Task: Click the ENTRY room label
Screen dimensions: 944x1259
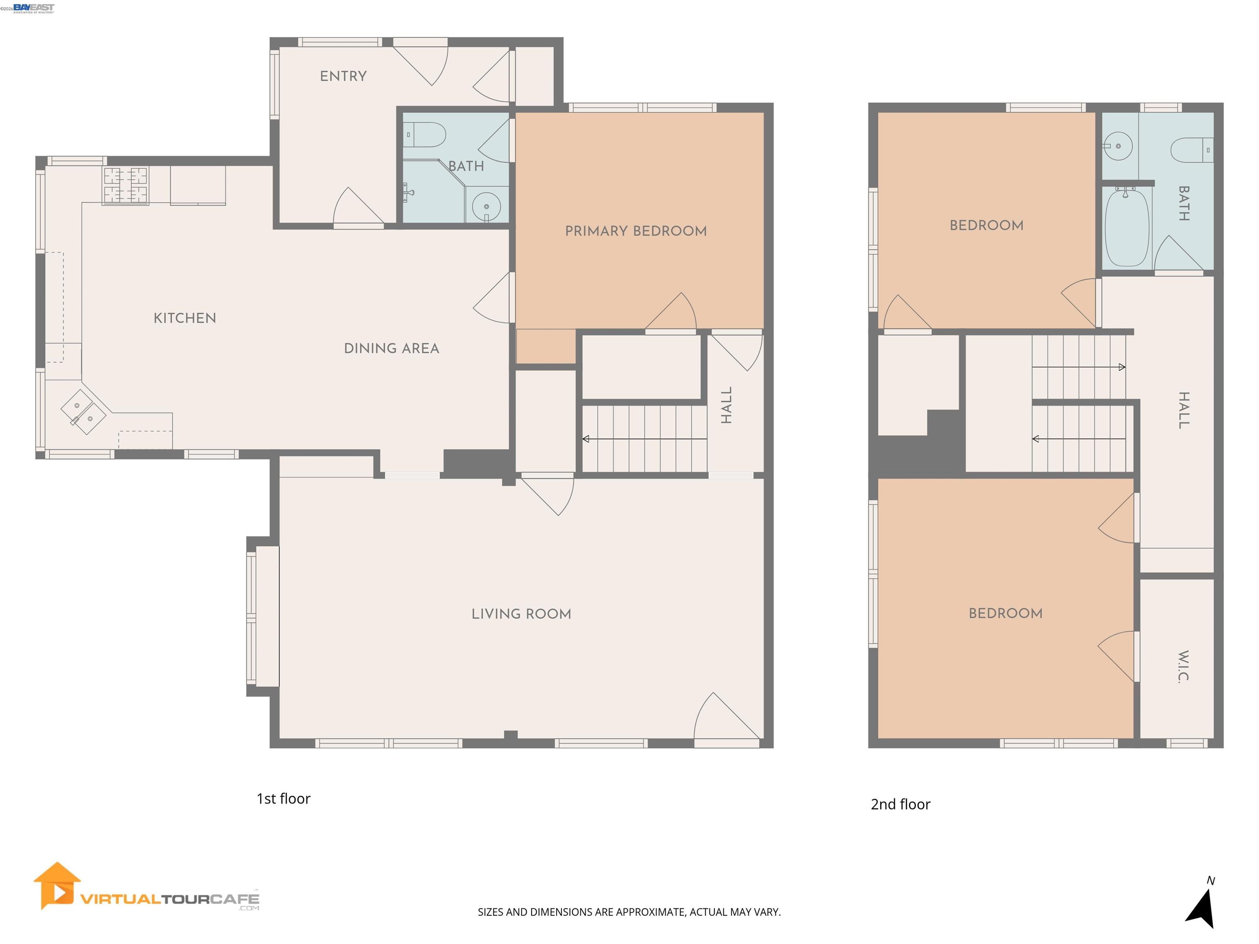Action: coord(343,76)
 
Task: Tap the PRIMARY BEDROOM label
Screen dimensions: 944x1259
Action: coord(635,231)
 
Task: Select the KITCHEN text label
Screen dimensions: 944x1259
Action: coord(184,318)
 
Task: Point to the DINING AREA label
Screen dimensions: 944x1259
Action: coord(391,348)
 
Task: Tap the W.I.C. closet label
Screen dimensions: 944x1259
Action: coord(1183,666)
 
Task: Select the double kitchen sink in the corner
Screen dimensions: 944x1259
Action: coord(84,412)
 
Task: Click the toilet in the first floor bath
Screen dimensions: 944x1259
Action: coord(427,135)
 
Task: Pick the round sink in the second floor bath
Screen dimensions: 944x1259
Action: coord(1118,146)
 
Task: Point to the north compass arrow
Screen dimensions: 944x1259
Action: coord(1202,908)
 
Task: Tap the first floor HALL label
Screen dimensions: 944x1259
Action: coord(726,405)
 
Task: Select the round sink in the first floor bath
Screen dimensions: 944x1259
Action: coord(486,205)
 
